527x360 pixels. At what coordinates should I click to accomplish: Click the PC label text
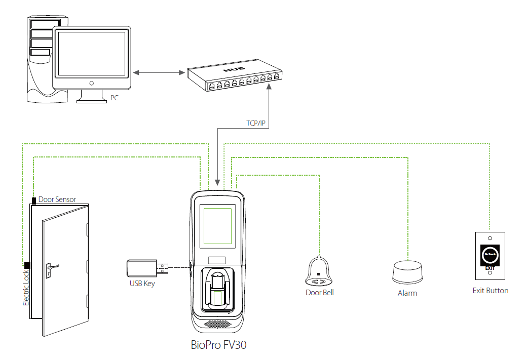(x=115, y=98)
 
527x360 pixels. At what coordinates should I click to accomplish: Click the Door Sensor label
(x=57, y=199)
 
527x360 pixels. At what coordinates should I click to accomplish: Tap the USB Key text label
(x=142, y=284)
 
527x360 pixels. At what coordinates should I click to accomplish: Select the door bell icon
(x=319, y=271)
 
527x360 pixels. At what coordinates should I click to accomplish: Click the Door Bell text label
(x=320, y=293)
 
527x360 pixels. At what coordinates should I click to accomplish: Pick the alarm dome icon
(x=408, y=272)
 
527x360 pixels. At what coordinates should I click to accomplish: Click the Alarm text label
(x=407, y=293)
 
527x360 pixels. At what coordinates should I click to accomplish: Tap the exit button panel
(x=490, y=256)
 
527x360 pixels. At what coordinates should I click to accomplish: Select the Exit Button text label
(x=490, y=291)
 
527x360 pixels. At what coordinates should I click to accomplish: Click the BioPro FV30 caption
(x=219, y=346)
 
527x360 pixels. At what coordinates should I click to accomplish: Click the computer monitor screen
(x=91, y=53)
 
